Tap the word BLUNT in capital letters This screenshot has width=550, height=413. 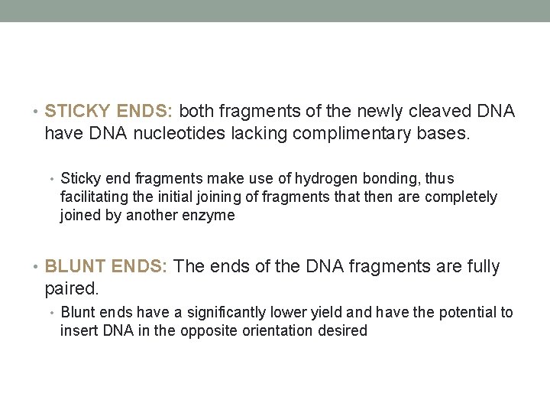coord(73,266)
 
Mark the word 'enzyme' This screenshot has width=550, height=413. coord(212,215)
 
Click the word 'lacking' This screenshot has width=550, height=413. coord(225,134)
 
